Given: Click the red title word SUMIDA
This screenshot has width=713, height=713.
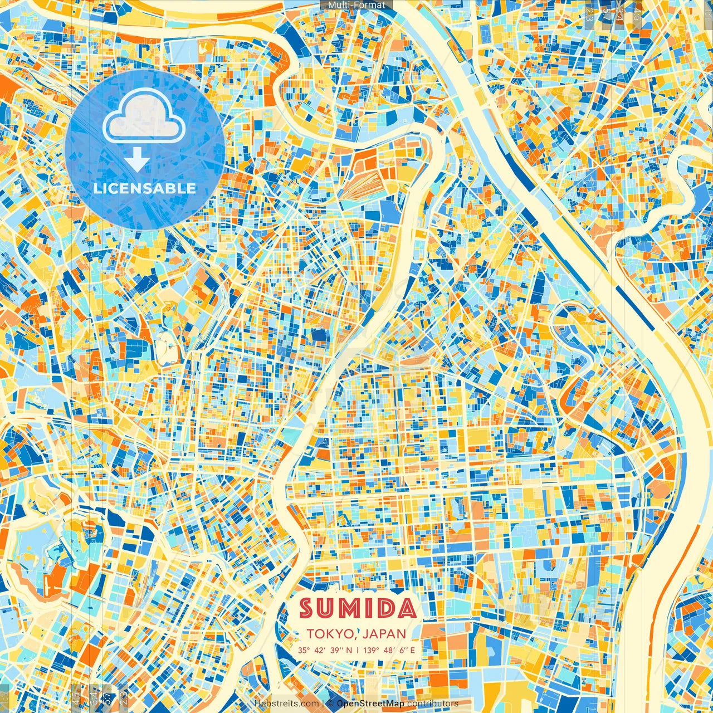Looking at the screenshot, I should [358, 608].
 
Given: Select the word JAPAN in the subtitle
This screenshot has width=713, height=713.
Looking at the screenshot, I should [384, 634].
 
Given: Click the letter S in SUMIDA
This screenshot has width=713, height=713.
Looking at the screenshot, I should [308, 608].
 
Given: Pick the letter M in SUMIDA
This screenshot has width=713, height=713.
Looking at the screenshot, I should [352, 608].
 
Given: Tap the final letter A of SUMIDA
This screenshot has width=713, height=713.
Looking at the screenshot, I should [407, 608].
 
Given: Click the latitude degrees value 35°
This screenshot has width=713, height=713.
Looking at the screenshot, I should [304, 650].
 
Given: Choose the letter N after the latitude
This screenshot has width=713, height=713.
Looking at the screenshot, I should [349, 650].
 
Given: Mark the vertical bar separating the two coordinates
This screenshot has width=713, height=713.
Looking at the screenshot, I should [357, 650].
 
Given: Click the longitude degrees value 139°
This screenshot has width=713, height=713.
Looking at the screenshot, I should [372, 650].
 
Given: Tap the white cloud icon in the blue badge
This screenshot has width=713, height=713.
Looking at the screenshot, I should [144, 116].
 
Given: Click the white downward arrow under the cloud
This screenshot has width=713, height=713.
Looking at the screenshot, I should [136, 160].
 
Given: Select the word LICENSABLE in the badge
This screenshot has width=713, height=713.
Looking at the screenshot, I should [145, 188].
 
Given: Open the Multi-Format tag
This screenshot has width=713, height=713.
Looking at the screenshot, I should [356, 5].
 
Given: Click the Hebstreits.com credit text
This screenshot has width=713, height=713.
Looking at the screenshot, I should [286, 704].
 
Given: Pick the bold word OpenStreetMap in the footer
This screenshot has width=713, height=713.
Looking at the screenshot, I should [370, 704].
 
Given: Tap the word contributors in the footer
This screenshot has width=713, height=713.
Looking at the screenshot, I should [433, 704].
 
